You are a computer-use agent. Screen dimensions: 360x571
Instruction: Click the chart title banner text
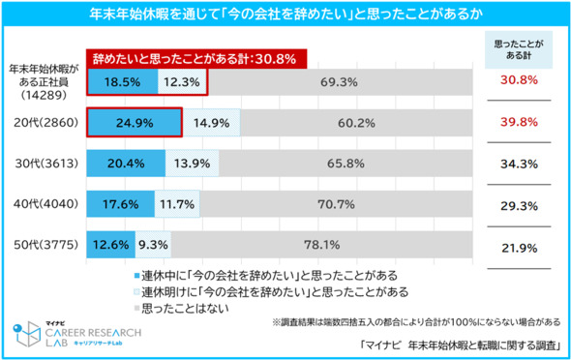click(285, 16)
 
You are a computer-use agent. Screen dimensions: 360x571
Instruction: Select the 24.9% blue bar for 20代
click(135, 124)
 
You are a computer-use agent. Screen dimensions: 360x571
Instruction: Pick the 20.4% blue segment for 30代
click(127, 164)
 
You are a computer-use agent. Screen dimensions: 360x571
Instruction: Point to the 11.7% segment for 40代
click(180, 204)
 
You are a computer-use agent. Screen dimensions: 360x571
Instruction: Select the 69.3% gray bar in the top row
click(340, 83)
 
